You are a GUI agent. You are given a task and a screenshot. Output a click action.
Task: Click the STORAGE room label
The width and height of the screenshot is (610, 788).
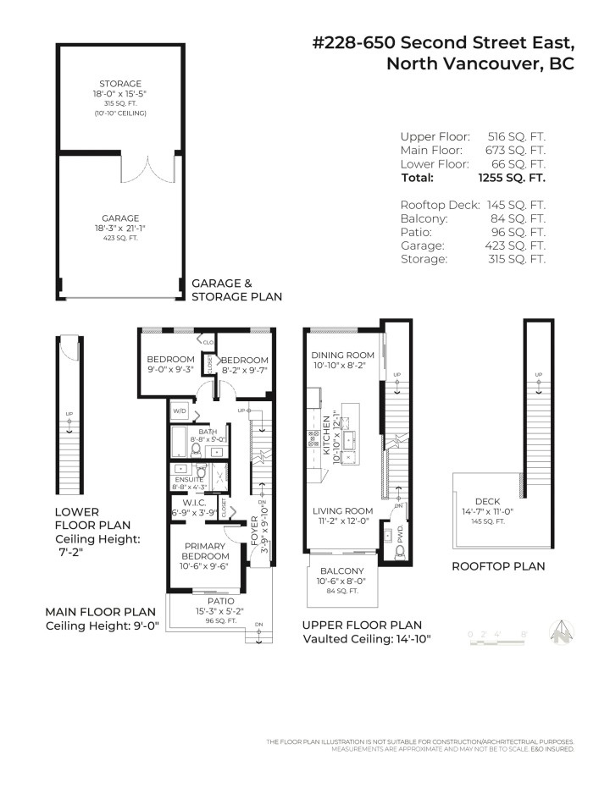click(x=119, y=84)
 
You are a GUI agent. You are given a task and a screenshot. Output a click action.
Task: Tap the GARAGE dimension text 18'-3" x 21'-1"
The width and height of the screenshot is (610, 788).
click(x=119, y=228)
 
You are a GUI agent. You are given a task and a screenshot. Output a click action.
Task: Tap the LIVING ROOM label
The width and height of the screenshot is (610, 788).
click(x=342, y=510)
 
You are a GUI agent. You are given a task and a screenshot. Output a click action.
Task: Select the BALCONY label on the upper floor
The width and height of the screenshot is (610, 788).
click(x=342, y=571)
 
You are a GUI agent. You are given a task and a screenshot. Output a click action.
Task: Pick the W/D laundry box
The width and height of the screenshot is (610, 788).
click(x=180, y=412)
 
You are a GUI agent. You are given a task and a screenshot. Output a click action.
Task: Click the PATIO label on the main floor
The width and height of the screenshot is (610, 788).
click(x=208, y=601)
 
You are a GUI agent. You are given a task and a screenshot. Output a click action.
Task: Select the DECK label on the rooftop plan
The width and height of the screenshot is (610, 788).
click(x=487, y=502)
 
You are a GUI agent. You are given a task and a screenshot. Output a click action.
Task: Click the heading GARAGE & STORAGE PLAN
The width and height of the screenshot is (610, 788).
click(x=236, y=290)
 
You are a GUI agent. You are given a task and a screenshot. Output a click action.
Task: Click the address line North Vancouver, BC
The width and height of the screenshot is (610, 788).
click(x=480, y=64)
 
